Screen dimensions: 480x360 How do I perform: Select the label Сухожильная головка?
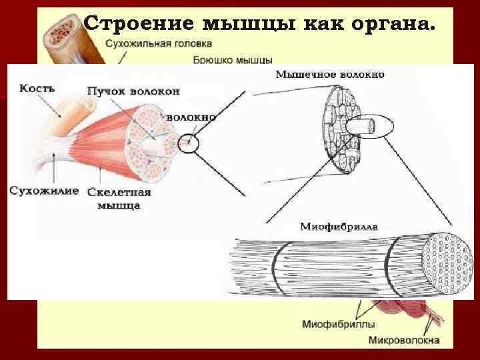tap(159, 43)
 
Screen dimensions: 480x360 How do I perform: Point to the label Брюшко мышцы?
tap(233, 60)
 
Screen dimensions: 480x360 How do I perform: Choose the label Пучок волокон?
tap(133, 91)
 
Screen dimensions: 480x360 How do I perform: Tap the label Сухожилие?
tap(44, 191)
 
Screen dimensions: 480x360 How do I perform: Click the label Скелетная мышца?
tap(119, 199)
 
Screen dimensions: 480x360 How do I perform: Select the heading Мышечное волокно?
tap(330, 75)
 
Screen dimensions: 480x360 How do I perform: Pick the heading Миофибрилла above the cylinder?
tap(339, 227)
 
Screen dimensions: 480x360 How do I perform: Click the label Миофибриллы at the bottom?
tap(338, 324)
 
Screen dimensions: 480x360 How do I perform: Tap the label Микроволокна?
tap(404, 340)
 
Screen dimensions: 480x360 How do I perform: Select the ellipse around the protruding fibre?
tap(369, 115)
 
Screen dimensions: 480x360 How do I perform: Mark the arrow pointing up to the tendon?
tap(54, 169)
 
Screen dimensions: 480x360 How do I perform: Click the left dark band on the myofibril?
tap(278, 269)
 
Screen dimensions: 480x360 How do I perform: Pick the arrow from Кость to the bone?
tap(49, 106)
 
